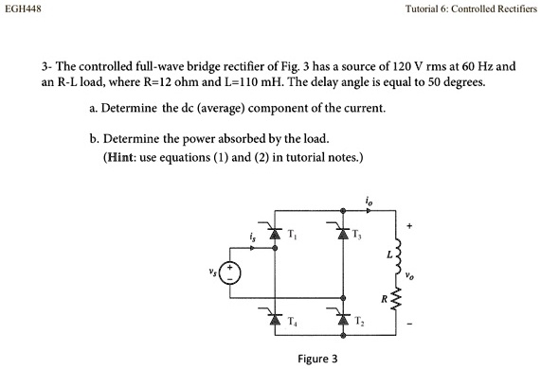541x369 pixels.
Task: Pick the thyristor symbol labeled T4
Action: point(275,317)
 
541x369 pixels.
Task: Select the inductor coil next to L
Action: point(398,253)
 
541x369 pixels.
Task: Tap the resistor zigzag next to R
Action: point(398,301)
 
